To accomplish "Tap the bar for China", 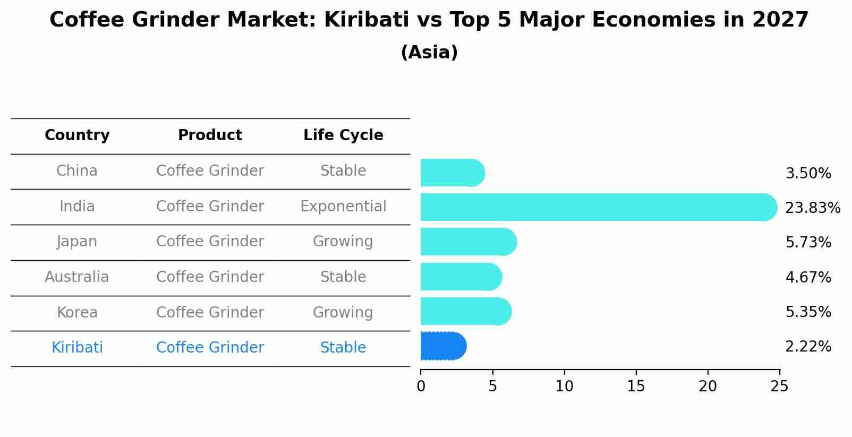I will point(452,173).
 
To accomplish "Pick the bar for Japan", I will point(468,242).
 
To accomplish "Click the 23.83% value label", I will point(812,208).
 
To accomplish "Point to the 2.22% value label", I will point(808,347).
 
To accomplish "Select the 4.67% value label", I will point(808,277).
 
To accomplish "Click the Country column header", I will point(77,135).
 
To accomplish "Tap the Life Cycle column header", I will point(343,135).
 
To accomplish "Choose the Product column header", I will point(210,135).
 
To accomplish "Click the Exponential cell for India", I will point(343,207).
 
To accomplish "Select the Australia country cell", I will point(77,277).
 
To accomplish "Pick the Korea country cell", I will point(77,313).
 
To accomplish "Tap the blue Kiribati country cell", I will point(77,348).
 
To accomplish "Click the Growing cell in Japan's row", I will point(343,242).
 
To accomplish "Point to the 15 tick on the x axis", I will point(636,386).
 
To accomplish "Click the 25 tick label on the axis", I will point(779,386).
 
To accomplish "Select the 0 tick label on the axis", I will point(421,386).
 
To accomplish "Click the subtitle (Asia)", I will point(429,53).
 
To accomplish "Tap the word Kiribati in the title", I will point(367,20).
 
